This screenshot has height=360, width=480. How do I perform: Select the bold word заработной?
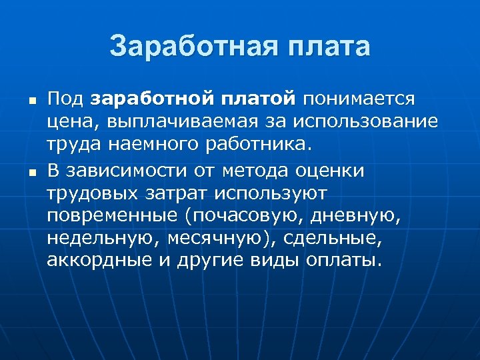coord(151,99)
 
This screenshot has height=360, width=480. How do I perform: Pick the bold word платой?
coord(257,99)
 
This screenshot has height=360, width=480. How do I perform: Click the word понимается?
coord(361,99)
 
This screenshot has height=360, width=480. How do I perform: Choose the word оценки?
coord(332,171)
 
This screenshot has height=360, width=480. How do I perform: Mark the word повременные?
coord(112,215)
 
